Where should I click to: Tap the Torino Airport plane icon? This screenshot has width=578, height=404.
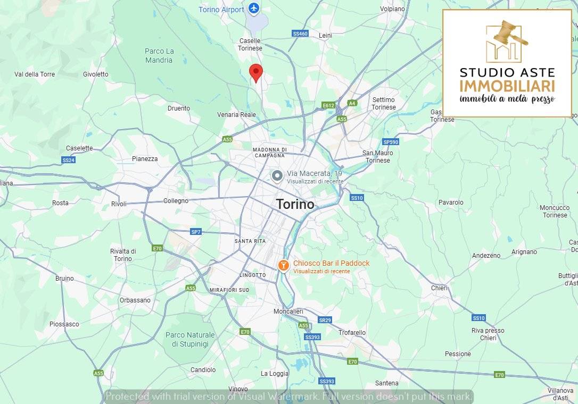click(x=254, y=9)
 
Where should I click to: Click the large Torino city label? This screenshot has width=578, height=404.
click(x=295, y=204)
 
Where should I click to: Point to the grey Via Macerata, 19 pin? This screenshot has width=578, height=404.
click(x=277, y=176)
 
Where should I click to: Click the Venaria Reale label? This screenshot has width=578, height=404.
click(x=236, y=115)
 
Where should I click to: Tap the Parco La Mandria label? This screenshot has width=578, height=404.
click(x=159, y=55)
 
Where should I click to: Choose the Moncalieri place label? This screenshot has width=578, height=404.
click(x=288, y=311)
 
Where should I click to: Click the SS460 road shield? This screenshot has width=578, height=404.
click(x=300, y=33)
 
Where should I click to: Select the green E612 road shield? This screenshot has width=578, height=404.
click(x=328, y=105)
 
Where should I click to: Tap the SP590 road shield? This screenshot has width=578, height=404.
click(x=390, y=142)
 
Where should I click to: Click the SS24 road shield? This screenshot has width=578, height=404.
click(x=68, y=160)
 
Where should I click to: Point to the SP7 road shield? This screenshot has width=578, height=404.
click(x=196, y=232)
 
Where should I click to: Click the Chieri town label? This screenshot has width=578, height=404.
click(x=439, y=288)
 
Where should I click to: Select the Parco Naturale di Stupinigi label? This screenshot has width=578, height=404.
click(x=190, y=339)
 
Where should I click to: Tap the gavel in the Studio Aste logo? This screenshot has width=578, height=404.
click(x=508, y=35)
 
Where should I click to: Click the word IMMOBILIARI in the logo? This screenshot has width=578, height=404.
click(x=507, y=86)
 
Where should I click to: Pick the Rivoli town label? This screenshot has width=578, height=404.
click(x=119, y=204)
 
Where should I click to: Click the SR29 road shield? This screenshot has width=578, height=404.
click(x=325, y=320)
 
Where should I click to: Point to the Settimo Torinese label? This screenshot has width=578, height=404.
click(x=384, y=103)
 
